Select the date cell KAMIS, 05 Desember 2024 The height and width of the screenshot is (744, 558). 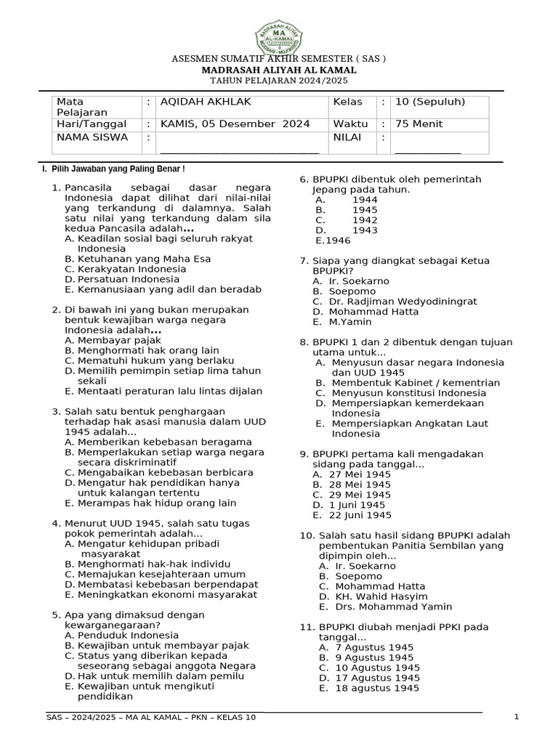(x=235, y=124)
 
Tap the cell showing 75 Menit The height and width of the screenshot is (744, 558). (x=418, y=124)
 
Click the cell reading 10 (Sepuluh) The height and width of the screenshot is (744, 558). (x=429, y=102)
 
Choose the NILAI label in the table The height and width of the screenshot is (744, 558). (x=347, y=137)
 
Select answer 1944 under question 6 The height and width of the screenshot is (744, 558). (x=365, y=200)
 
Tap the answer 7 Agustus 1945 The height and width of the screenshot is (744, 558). (x=374, y=647)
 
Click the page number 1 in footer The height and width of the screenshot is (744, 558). (x=516, y=718)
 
